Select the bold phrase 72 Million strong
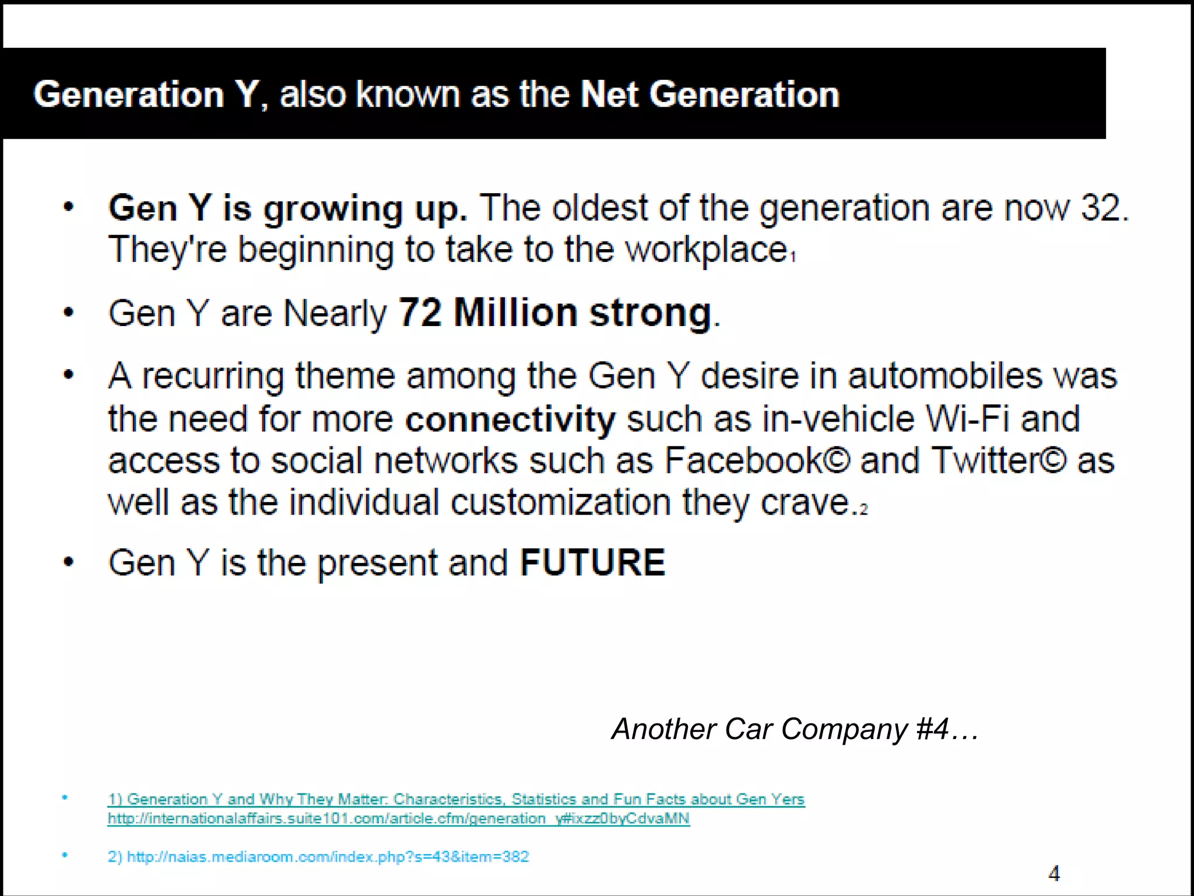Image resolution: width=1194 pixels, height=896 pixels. (x=555, y=313)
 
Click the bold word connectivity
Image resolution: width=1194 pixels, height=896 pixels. (x=510, y=419)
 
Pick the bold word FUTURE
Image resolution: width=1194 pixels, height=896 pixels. (x=592, y=562)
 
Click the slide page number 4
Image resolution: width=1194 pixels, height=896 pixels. (x=1054, y=873)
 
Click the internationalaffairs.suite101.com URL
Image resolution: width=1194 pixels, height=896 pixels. (x=398, y=818)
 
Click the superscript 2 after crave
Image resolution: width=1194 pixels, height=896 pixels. (x=863, y=510)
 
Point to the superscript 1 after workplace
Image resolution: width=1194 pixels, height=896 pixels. (x=793, y=257)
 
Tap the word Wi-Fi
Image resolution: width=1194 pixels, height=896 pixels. (x=967, y=419)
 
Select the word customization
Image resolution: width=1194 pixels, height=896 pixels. (x=561, y=502)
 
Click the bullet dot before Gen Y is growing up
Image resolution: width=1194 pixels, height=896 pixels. (x=69, y=207)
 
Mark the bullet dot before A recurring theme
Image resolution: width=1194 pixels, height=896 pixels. (x=69, y=374)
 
